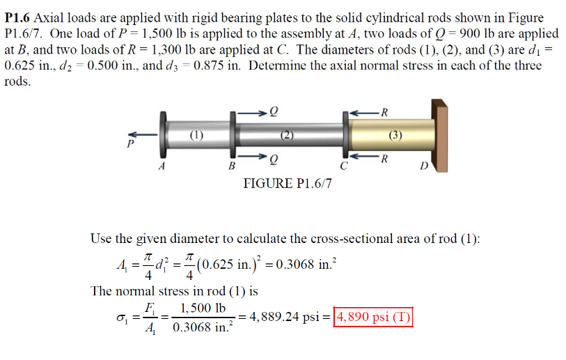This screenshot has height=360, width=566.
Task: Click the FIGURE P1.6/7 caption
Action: [288, 183]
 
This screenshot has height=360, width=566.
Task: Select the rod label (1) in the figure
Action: [197, 135]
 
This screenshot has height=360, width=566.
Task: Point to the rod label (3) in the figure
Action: [395, 136]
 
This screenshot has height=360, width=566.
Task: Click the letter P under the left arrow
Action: [129, 145]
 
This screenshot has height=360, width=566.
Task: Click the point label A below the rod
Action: [162, 167]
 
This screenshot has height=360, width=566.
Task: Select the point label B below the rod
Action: [232, 167]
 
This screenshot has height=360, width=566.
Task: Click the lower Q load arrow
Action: [251, 157]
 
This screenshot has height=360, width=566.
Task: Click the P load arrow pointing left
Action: [144, 134]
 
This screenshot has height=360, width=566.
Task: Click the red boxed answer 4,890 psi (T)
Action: [374, 317]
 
